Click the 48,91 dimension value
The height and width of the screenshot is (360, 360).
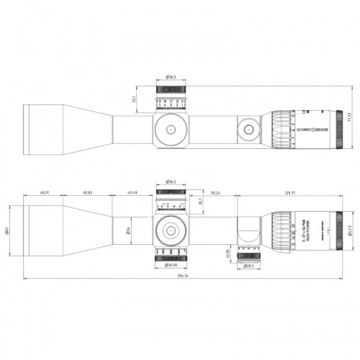[45, 193]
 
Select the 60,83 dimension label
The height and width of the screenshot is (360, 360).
[87, 193]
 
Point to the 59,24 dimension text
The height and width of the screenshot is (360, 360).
[215, 193]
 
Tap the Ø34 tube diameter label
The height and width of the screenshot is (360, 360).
[127, 230]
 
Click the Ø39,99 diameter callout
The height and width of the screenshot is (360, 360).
[171, 266]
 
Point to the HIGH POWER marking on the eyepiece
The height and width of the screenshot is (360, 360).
[307, 230]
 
